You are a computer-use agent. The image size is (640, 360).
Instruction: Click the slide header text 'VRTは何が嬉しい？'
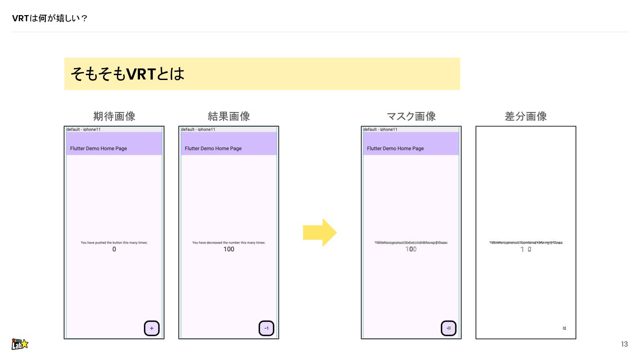click(x=49, y=18)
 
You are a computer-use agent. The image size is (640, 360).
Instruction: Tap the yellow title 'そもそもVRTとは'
click(x=127, y=74)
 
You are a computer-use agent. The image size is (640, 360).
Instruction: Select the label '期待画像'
click(x=114, y=116)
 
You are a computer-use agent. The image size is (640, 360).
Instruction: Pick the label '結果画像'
click(x=229, y=116)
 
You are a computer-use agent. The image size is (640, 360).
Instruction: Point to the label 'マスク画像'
click(x=411, y=116)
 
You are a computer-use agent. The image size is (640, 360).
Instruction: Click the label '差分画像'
click(x=526, y=116)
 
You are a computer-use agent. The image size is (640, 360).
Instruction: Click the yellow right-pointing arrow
click(x=320, y=232)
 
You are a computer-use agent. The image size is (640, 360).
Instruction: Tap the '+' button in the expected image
click(x=152, y=328)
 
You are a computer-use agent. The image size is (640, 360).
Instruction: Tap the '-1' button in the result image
click(x=267, y=328)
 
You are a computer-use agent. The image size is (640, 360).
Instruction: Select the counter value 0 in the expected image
click(x=114, y=249)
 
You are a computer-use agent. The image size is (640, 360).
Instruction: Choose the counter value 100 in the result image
click(x=229, y=249)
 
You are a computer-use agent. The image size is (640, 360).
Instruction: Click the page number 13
click(x=624, y=344)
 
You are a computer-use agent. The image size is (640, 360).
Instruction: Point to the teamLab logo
click(x=20, y=344)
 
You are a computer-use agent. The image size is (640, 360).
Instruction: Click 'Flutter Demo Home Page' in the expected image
click(x=98, y=148)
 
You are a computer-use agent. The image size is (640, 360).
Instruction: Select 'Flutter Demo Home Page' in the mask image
click(x=395, y=148)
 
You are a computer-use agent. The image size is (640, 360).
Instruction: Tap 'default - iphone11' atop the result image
click(x=198, y=129)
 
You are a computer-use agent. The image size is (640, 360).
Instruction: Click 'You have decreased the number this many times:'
click(x=229, y=243)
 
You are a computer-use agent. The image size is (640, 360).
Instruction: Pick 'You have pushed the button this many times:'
click(x=114, y=243)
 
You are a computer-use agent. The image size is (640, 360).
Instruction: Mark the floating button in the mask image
click(x=449, y=328)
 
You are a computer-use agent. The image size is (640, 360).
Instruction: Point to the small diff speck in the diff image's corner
click(x=564, y=328)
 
